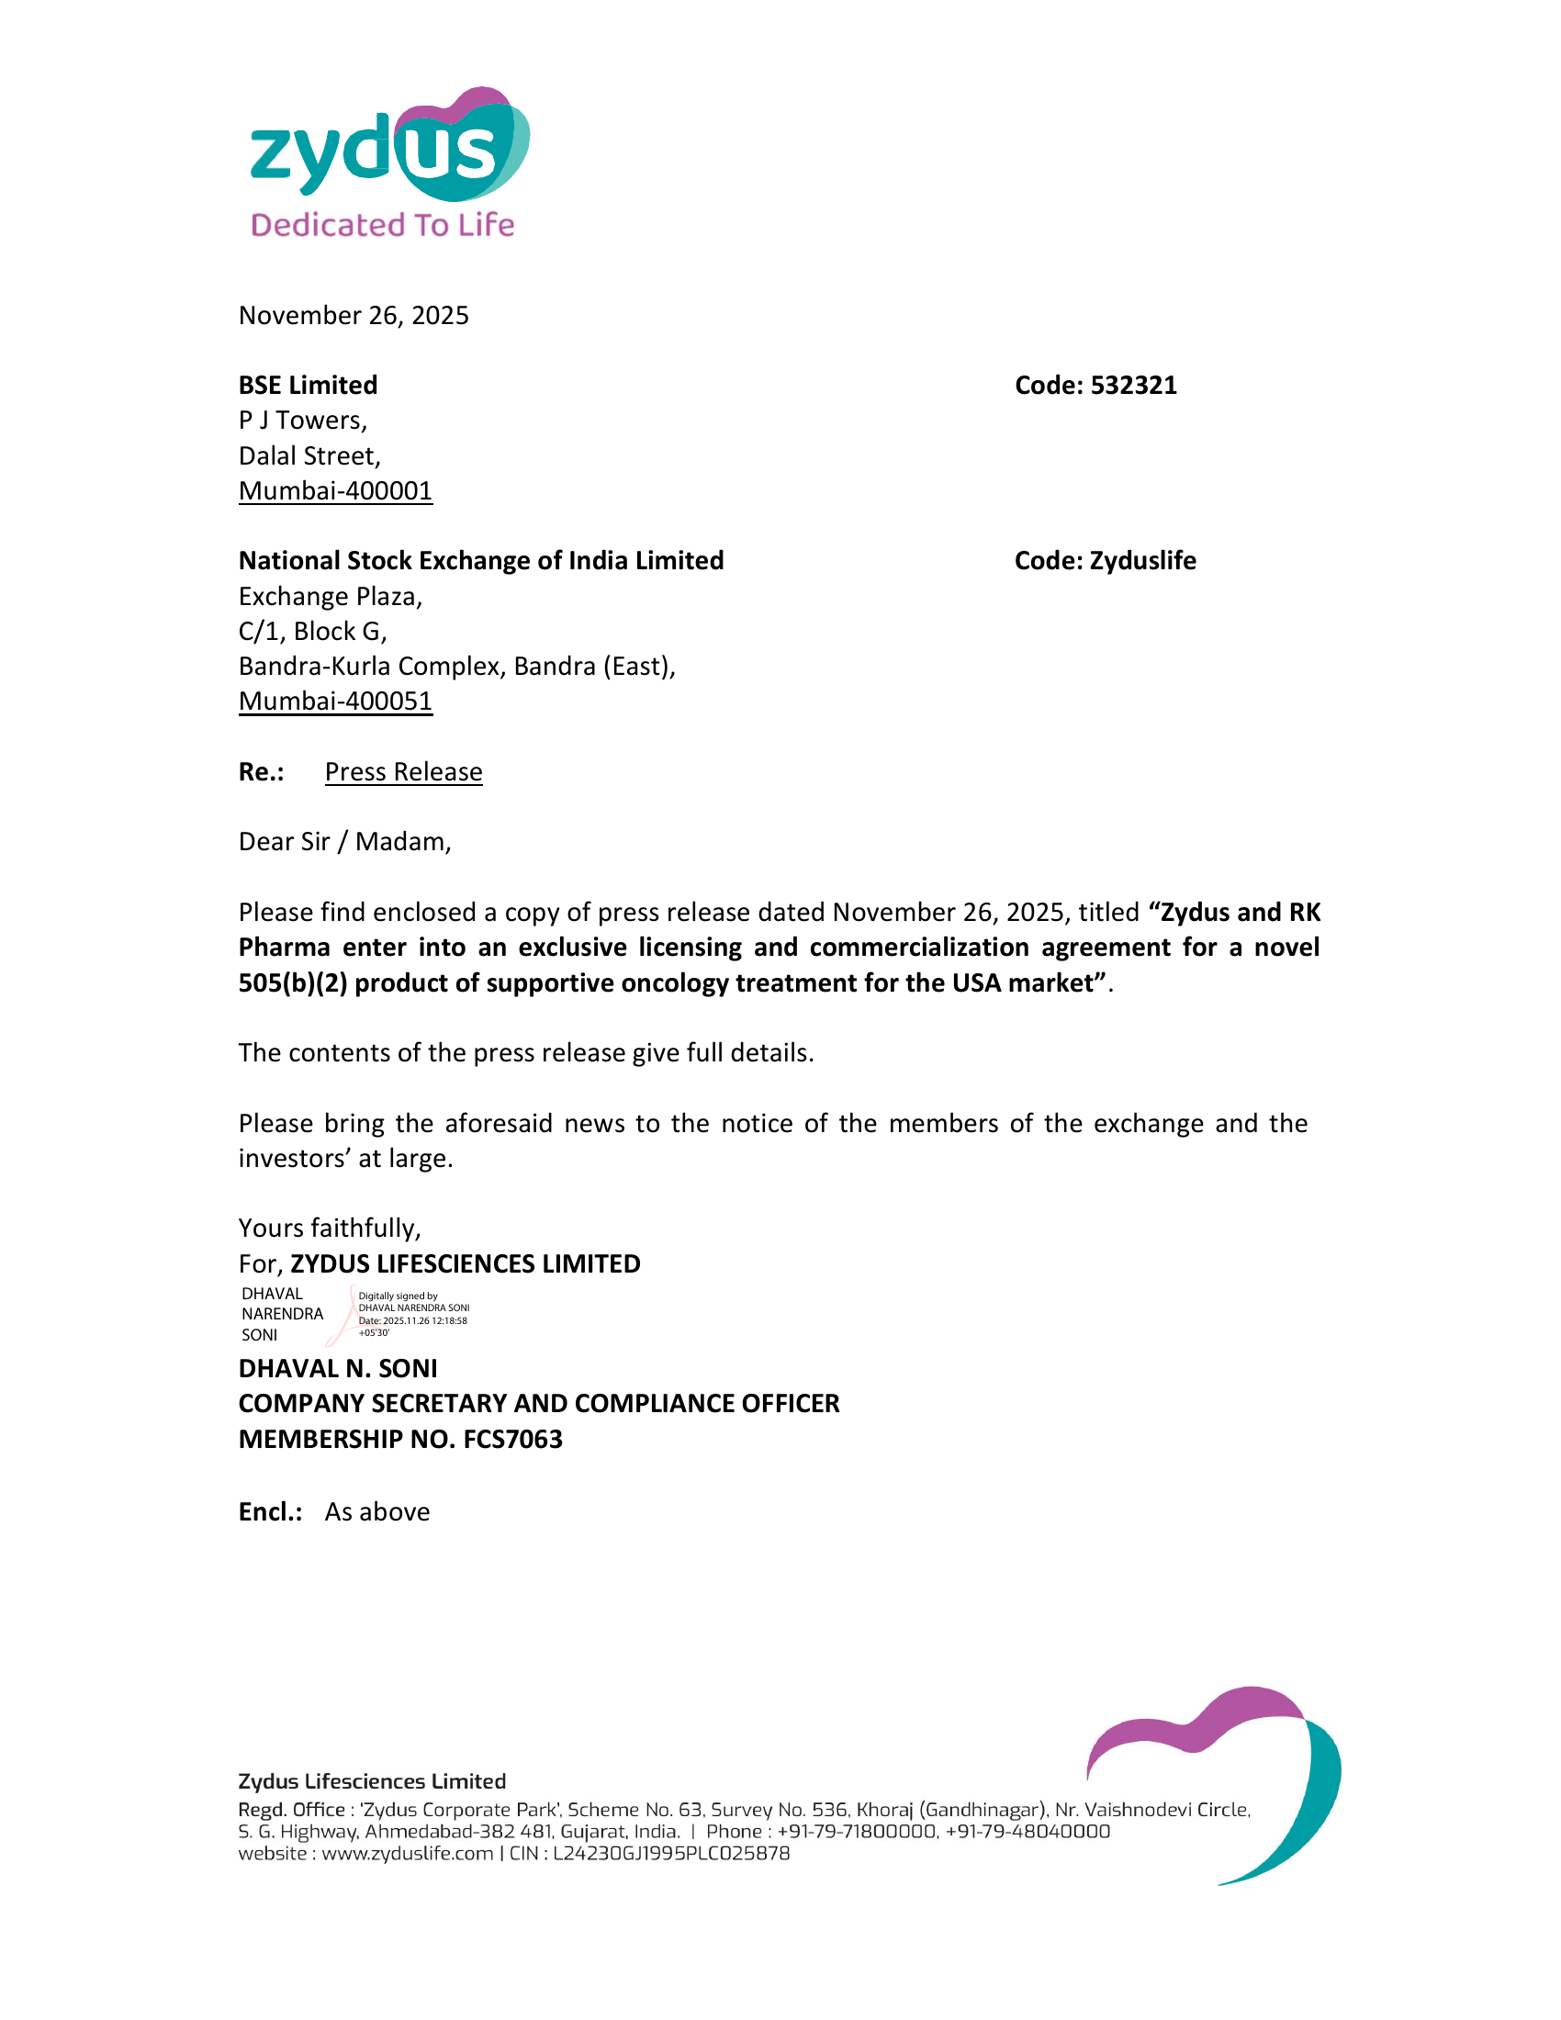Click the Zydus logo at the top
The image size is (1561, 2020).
click(388, 148)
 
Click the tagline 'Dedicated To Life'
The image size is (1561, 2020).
click(382, 225)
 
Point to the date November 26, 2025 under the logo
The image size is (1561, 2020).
click(354, 315)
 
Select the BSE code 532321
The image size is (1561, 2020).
click(1133, 385)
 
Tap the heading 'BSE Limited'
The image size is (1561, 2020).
click(308, 385)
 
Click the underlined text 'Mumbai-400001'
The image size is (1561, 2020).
click(335, 490)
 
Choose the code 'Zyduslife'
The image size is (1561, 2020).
click(1142, 560)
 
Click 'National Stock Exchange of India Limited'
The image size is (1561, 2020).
click(481, 560)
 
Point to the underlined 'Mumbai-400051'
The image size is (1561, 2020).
click(335, 701)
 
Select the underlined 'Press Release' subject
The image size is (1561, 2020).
click(403, 771)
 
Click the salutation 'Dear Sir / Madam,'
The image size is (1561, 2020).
click(344, 842)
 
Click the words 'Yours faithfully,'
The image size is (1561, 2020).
click(330, 1228)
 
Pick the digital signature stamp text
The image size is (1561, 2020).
click(412, 1313)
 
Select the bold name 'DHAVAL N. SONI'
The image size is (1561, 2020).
click(338, 1368)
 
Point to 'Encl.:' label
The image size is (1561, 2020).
click(270, 1511)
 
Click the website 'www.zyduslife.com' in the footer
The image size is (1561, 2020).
click(407, 1854)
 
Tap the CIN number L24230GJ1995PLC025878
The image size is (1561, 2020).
click(671, 1854)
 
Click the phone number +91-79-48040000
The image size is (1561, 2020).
click(1028, 1832)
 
